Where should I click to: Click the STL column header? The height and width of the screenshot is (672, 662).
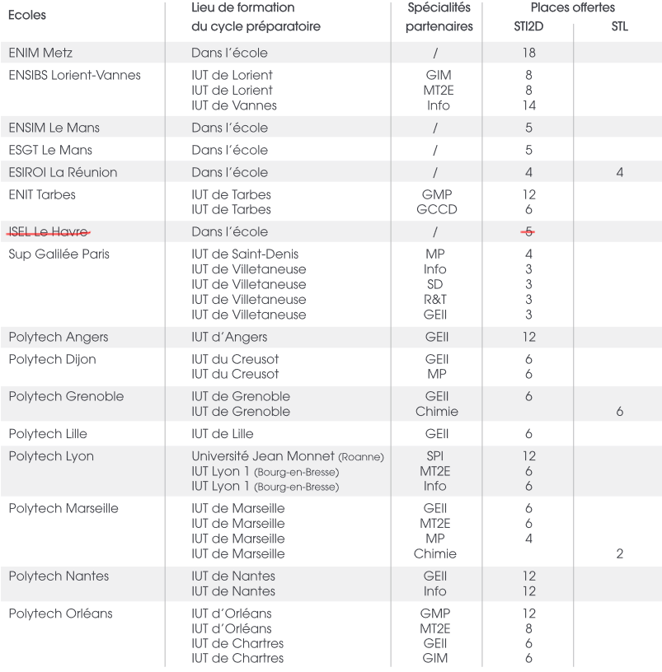click(x=620, y=26)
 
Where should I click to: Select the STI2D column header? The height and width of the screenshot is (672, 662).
click(x=528, y=26)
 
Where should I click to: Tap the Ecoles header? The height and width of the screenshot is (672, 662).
click(x=27, y=15)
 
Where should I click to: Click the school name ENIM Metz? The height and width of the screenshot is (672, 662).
click(x=40, y=53)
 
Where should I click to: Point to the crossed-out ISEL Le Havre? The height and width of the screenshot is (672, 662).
click(x=49, y=231)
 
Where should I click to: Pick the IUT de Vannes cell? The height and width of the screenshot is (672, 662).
click(x=234, y=105)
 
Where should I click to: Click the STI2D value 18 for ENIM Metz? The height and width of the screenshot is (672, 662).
click(x=528, y=53)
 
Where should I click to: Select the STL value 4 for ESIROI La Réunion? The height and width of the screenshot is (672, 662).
click(x=620, y=172)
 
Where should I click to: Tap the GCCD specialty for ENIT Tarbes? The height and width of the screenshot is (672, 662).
click(x=438, y=209)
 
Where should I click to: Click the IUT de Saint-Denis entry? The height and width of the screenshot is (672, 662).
click(x=245, y=254)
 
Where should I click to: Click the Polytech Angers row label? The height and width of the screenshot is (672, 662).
click(x=58, y=337)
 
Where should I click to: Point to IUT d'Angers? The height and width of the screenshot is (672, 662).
click(x=229, y=337)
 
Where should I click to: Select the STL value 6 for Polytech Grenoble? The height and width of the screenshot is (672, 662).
click(x=620, y=411)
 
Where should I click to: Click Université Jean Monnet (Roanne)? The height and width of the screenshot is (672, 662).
click(x=288, y=456)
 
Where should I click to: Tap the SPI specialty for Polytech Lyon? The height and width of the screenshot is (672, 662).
click(x=435, y=456)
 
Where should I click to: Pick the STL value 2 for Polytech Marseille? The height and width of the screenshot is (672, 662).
click(x=620, y=553)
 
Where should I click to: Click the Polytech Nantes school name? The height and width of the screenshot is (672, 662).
click(x=59, y=576)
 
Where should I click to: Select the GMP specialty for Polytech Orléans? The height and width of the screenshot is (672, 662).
click(x=436, y=614)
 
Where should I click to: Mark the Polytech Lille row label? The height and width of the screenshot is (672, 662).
click(x=48, y=434)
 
